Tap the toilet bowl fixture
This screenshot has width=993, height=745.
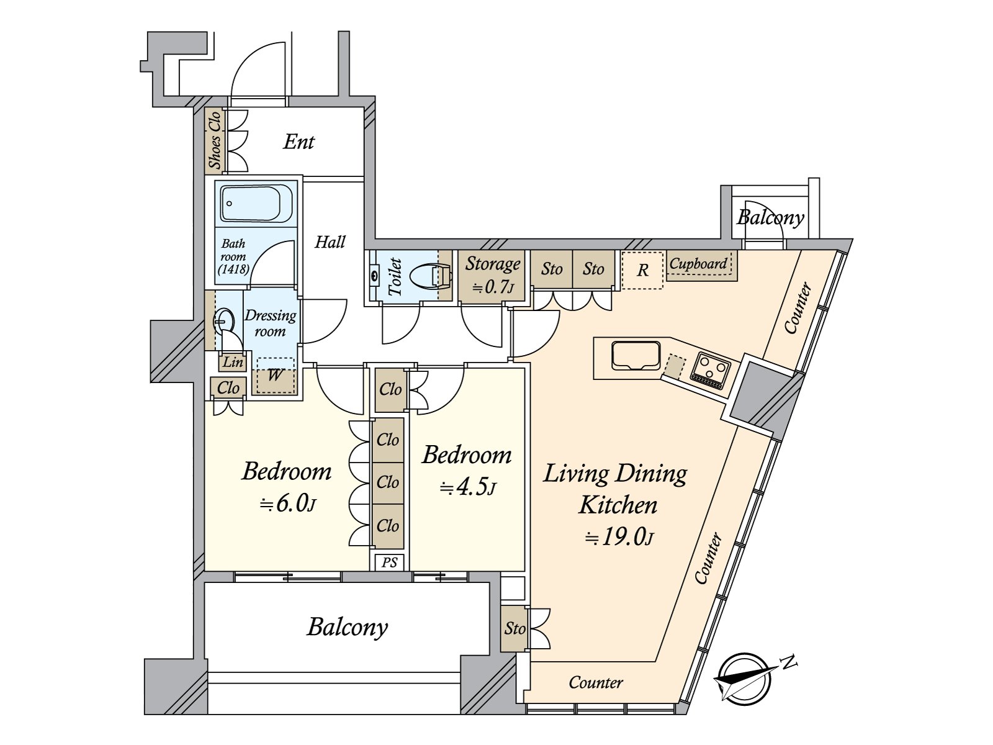click(x=430, y=276)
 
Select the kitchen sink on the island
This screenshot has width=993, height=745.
click(x=635, y=356)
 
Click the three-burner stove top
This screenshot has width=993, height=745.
click(x=709, y=371)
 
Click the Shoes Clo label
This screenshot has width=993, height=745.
click(x=215, y=140)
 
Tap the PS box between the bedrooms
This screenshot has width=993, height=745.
click(x=389, y=562)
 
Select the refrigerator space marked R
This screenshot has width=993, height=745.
click(x=642, y=270)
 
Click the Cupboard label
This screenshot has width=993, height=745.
click(x=698, y=263)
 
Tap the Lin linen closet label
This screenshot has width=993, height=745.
click(x=233, y=362)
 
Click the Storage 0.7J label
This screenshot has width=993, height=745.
click(x=492, y=274)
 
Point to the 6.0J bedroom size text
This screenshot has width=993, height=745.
click(x=287, y=503)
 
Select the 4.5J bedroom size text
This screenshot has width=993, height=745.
click(x=468, y=487)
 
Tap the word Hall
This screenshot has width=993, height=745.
click(x=330, y=242)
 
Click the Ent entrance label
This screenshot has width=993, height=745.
click(x=299, y=142)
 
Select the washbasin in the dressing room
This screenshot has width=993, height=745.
click(x=224, y=321)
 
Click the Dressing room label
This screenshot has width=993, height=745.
click(x=271, y=323)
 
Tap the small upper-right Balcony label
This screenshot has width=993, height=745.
click(x=770, y=217)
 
